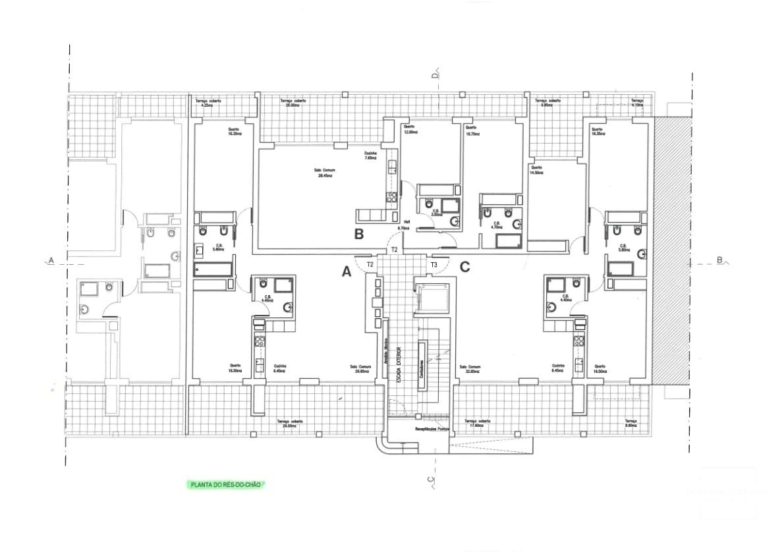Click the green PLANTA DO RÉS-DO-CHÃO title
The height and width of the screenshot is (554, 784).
tap(225, 485)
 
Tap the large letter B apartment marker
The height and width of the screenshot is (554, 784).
tap(359, 234)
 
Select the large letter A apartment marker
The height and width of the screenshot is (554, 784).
tap(346, 270)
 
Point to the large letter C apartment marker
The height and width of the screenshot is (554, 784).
tap(464, 267)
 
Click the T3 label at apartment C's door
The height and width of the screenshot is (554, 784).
tap(434, 265)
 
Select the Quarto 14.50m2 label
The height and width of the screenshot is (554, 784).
tap(537, 171)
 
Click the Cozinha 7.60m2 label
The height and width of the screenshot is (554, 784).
tap(370, 156)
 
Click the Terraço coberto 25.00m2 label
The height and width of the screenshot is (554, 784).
tap(293, 103)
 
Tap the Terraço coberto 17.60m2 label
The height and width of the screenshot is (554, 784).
tap(478, 424)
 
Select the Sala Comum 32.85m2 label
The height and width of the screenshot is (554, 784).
tap(470, 370)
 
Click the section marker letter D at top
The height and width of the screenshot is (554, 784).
tap(435, 74)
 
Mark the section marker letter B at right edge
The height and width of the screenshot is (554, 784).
tap(719, 260)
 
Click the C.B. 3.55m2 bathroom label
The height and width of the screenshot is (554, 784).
tap(436, 213)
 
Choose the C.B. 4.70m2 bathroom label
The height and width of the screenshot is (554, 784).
tap(498, 226)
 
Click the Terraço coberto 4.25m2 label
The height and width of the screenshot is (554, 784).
tap(210, 103)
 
